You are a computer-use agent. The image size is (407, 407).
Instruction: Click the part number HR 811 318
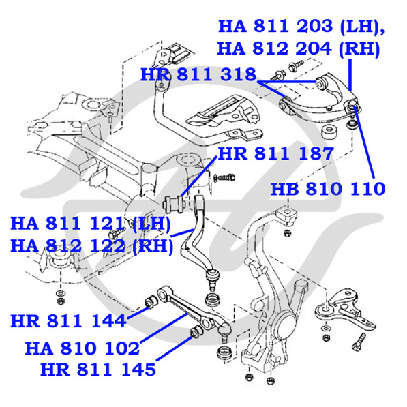pyautogui.click(x=198, y=74)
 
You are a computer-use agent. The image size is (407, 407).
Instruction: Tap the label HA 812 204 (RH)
pyautogui.click(x=299, y=48)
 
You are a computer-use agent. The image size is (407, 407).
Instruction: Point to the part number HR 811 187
pyautogui.click(x=276, y=153)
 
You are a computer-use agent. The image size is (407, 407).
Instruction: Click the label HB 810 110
pyautogui.click(x=328, y=189)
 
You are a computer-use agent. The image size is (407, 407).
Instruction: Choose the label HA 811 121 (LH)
pyautogui.click(x=90, y=224)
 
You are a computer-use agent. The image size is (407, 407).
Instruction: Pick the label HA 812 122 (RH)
pyautogui.click(x=91, y=246)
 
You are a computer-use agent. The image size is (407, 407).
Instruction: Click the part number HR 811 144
pyautogui.click(x=69, y=321)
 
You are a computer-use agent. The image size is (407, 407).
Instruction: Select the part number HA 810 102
pyautogui.click(x=82, y=348)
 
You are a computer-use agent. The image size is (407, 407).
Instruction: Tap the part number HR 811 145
pyautogui.click(x=98, y=370)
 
